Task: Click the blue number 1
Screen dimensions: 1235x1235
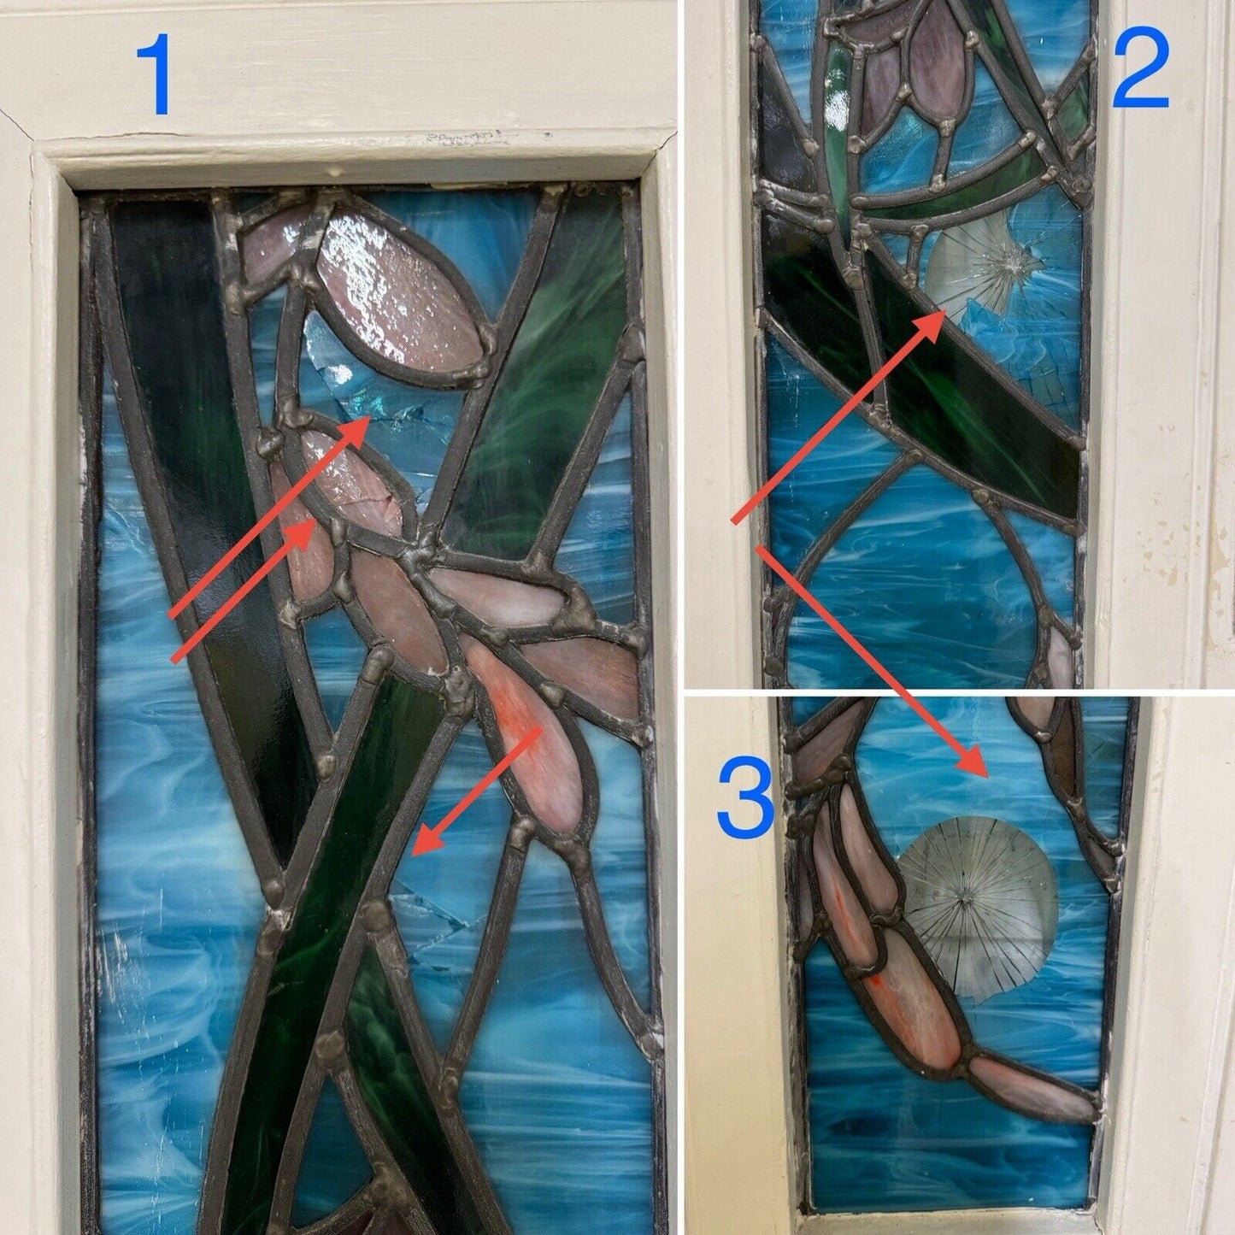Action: [x=155, y=75]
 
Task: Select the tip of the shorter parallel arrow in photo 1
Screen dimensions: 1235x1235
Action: [x=313, y=521]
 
